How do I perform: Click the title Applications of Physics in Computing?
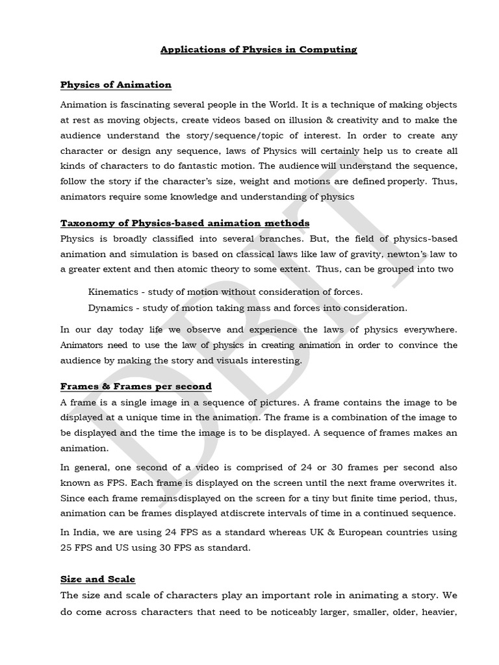tap(259, 49)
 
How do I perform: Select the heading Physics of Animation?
tap(116, 84)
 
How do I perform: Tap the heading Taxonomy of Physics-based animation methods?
tap(185, 223)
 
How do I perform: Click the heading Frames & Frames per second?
tap(136, 386)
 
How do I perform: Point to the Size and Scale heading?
tap(97, 579)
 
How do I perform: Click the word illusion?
tap(287, 120)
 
